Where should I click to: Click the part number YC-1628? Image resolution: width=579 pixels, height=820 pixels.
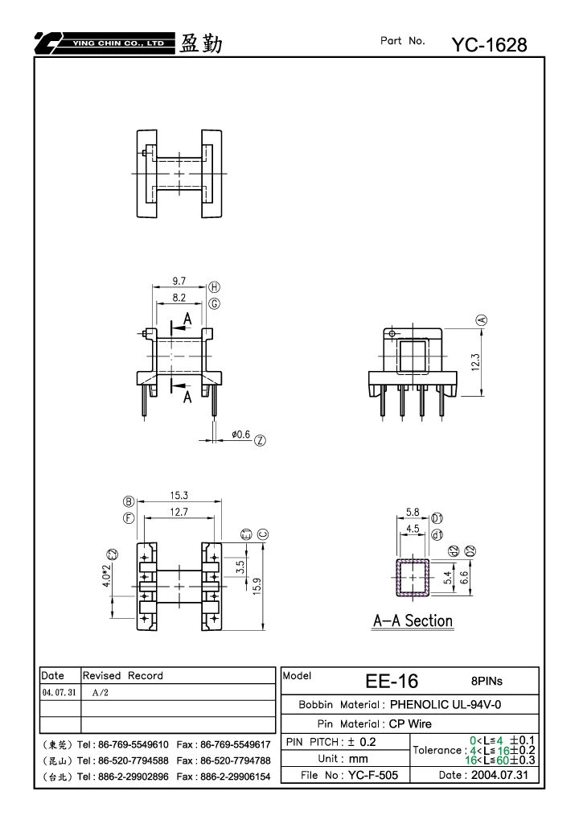pyautogui.click(x=489, y=45)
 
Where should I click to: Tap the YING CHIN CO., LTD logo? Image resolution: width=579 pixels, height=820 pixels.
pyautogui.click(x=105, y=43)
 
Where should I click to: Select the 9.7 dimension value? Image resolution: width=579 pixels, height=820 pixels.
pyautogui.click(x=179, y=281)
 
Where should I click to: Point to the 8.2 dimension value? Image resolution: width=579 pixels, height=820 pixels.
pyautogui.click(x=179, y=298)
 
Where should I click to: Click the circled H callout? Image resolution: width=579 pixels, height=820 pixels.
pyautogui.click(x=214, y=287)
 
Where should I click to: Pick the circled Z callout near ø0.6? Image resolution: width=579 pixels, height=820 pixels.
pyautogui.click(x=260, y=440)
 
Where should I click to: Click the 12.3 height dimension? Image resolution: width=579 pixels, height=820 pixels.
pyautogui.click(x=475, y=362)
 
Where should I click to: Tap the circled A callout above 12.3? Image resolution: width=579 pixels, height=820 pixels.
pyautogui.click(x=481, y=320)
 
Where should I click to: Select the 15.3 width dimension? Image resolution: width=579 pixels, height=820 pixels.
pyautogui.click(x=179, y=495)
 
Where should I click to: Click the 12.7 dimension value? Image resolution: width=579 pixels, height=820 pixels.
pyautogui.click(x=179, y=512)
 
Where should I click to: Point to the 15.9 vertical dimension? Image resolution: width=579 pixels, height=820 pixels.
pyautogui.click(x=257, y=587)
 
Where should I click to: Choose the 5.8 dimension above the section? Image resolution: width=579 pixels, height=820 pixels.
pyautogui.click(x=413, y=513)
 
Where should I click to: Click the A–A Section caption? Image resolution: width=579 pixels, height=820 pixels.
pyautogui.click(x=413, y=620)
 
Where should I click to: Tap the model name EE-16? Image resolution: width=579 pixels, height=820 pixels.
pyautogui.click(x=392, y=681)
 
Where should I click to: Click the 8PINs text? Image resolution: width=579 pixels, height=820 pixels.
pyautogui.click(x=487, y=681)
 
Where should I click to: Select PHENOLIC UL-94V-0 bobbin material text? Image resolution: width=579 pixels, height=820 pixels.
pyautogui.click(x=446, y=704)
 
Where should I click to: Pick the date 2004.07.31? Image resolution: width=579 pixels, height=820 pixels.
pyautogui.click(x=499, y=775)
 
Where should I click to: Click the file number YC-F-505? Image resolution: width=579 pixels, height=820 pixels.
pyautogui.click(x=373, y=775)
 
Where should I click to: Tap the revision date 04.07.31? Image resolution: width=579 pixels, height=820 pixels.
pyautogui.click(x=59, y=692)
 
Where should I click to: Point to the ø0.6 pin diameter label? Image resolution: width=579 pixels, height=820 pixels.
pyautogui.click(x=241, y=435)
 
